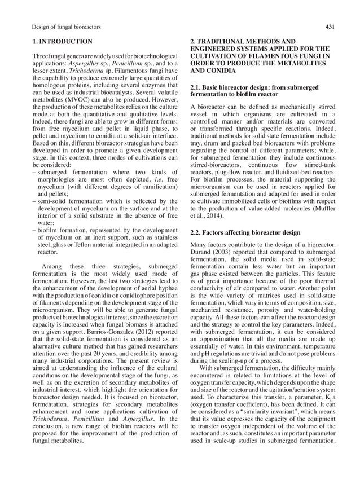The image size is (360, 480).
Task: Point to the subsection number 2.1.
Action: [x=197, y=87]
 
